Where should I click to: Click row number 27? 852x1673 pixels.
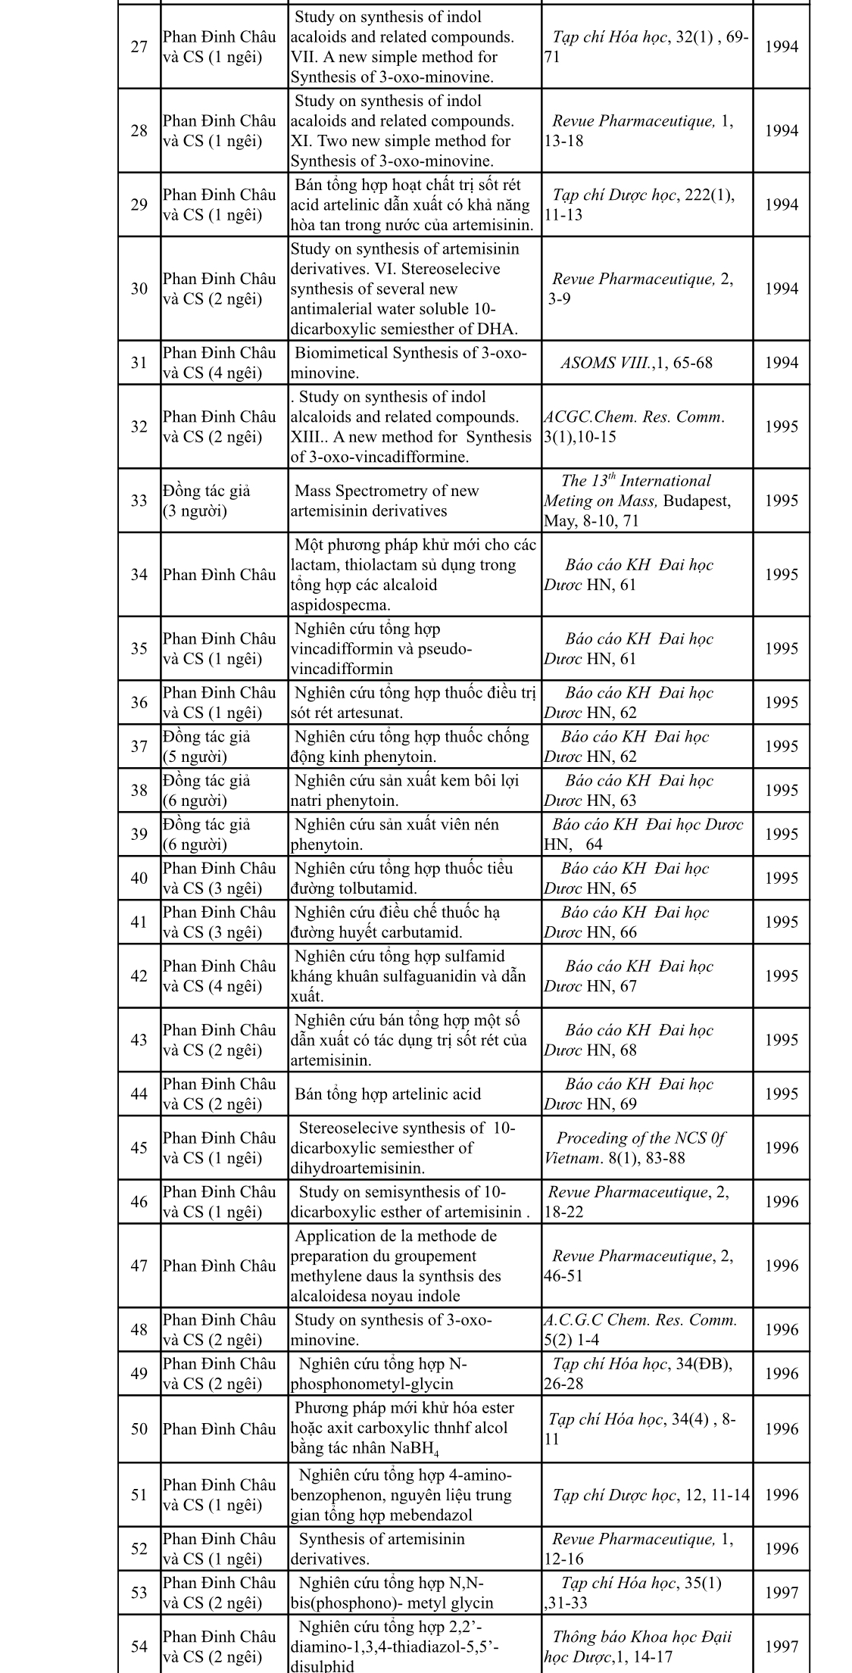[139, 47]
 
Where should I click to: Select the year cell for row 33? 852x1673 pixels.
[781, 501]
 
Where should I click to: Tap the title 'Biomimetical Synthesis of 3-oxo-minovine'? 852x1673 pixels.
[409, 363]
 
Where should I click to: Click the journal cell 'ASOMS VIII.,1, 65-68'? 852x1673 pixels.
[636, 363]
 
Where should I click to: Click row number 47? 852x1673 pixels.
[139, 1266]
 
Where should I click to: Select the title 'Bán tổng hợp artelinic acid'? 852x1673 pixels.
[388, 1094]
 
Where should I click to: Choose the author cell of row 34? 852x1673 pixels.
[219, 575]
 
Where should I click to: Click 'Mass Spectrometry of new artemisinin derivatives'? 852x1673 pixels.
[386, 501]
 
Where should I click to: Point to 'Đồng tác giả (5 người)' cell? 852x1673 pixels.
[206, 746]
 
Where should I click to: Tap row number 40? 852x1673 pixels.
[139, 878]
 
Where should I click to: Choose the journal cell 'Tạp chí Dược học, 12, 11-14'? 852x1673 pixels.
[650, 1494]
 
